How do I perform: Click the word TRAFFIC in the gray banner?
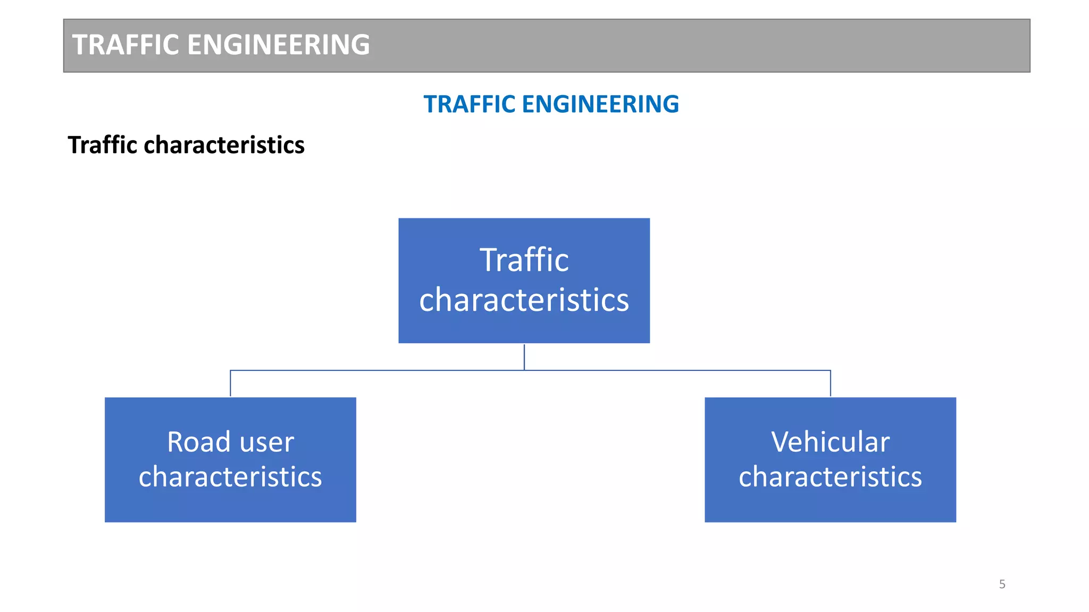(125, 45)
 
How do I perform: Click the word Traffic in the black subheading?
(103, 145)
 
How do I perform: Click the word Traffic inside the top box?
(524, 260)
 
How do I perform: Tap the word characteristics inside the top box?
(524, 300)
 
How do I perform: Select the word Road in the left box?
(198, 442)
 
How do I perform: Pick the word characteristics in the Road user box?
(230, 477)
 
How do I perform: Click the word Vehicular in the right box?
(830, 442)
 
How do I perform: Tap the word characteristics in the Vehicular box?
(830, 477)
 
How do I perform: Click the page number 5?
(1002, 584)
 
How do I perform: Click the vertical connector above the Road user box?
(230, 384)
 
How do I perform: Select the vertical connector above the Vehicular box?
(831, 384)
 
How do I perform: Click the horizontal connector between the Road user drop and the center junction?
(378, 370)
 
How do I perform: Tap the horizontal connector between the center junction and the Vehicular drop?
(678, 370)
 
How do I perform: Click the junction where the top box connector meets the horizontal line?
(524, 370)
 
